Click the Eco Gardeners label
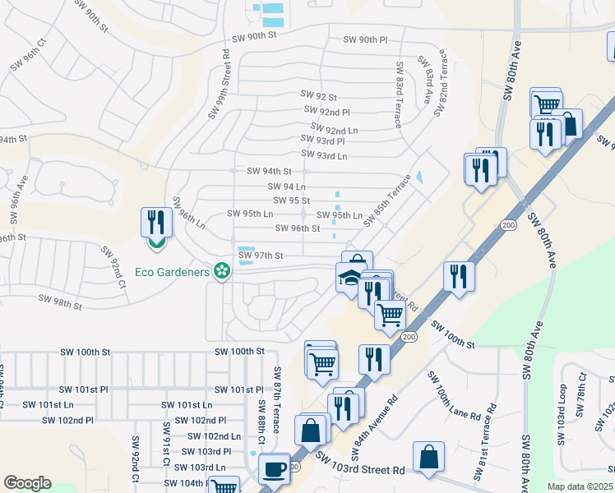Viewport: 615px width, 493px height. (x=172, y=271)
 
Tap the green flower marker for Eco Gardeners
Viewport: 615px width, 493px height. (x=220, y=270)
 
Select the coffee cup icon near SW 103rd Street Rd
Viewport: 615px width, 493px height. (x=275, y=469)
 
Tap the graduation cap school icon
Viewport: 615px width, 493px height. (x=350, y=278)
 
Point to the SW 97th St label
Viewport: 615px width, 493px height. (x=261, y=256)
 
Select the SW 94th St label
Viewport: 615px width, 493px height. (x=270, y=172)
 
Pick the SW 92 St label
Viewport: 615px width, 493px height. (x=319, y=97)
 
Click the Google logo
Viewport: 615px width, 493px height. (x=28, y=483)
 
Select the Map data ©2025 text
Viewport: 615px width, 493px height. (x=580, y=486)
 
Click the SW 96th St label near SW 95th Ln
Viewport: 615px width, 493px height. (x=297, y=228)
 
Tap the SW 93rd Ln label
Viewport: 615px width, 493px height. (x=324, y=155)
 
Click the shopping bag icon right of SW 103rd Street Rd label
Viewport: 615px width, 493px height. (x=429, y=458)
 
